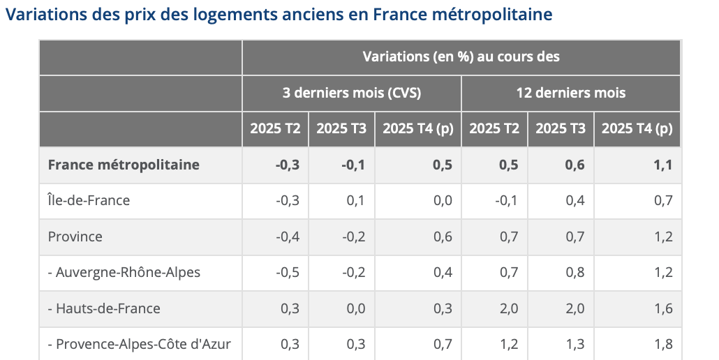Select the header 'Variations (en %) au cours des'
click(x=461, y=57)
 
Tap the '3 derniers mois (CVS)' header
click(x=351, y=93)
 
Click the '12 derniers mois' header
click(x=570, y=93)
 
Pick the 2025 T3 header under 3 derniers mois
click(x=341, y=129)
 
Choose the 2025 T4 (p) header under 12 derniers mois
click(x=637, y=129)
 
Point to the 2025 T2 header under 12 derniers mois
click(x=494, y=129)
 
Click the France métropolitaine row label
click(x=124, y=165)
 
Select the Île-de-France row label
click(x=89, y=201)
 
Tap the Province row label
click(x=75, y=237)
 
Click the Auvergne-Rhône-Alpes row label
click(x=124, y=273)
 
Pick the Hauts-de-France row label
click(x=104, y=308)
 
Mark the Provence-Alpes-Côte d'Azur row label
click(x=139, y=344)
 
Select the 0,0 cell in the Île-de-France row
click(x=443, y=201)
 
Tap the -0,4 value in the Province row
click(x=288, y=237)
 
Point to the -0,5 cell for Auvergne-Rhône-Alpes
click(x=288, y=273)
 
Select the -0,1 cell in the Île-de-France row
click(x=506, y=201)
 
